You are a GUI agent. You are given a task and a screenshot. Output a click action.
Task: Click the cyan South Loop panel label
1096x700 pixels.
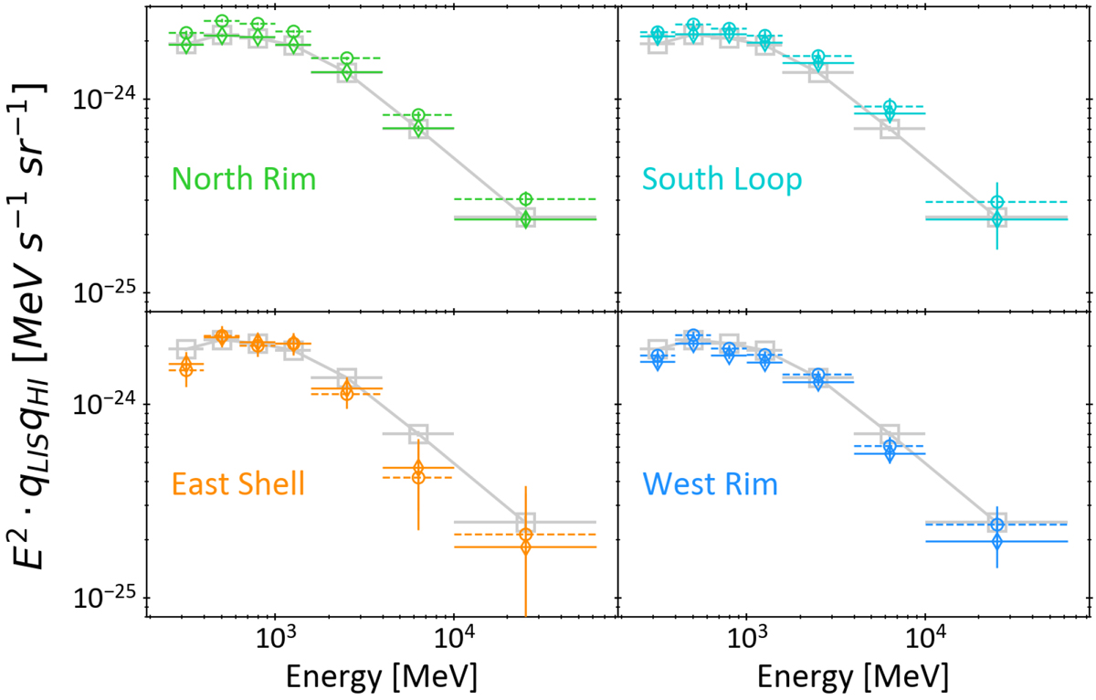click(x=721, y=179)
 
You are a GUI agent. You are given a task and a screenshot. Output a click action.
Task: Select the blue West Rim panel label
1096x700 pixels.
click(x=711, y=483)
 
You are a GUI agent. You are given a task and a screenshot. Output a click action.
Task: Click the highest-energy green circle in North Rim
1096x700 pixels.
click(x=525, y=199)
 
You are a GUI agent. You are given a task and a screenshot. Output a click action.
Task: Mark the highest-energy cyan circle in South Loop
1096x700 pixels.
click(x=997, y=202)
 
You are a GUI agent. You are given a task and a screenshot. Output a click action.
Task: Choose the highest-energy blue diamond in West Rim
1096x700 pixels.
click(x=997, y=542)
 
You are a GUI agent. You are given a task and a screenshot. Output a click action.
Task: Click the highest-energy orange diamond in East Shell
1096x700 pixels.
click(x=525, y=546)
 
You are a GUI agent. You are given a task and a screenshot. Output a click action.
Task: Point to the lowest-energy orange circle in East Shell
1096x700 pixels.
click(x=186, y=369)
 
